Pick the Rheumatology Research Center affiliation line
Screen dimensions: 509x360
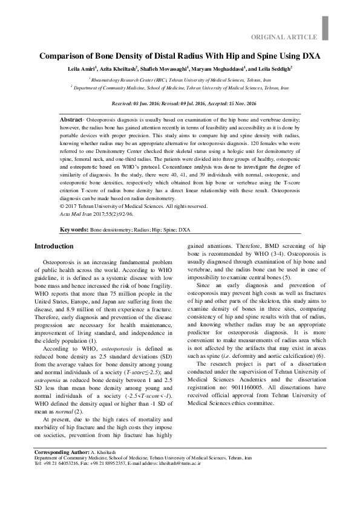pyautogui.click(x=180, y=79)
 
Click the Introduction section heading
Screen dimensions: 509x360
pyautogui.click(x=54, y=247)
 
